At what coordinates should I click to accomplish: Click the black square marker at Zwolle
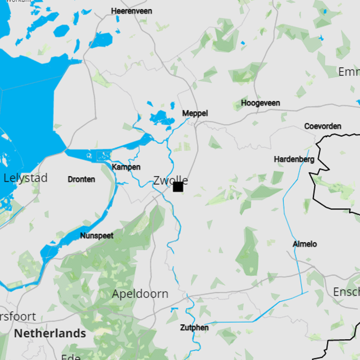tap(178, 187)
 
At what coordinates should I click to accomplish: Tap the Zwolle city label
tap(170, 180)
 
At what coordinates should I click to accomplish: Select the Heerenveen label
tap(131, 11)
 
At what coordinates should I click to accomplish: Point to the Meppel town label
tap(195, 114)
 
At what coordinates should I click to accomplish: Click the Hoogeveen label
tap(260, 103)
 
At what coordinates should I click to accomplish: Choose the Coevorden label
tap(323, 126)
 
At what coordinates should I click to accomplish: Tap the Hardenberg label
tap(294, 159)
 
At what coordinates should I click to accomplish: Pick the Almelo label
tap(305, 244)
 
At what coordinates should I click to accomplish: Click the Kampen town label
tap(126, 167)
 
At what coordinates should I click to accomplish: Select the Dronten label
tap(81, 179)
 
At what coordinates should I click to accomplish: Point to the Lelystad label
tap(25, 178)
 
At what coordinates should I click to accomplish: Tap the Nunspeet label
tap(97, 235)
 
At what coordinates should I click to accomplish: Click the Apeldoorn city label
tap(140, 294)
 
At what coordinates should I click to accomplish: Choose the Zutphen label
tap(194, 328)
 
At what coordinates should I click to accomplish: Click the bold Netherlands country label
tap(50, 333)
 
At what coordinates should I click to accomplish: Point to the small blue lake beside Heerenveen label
tap(118, 19)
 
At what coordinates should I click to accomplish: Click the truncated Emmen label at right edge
tap(349, 72)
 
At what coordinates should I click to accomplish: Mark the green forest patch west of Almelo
tap(248, 252)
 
